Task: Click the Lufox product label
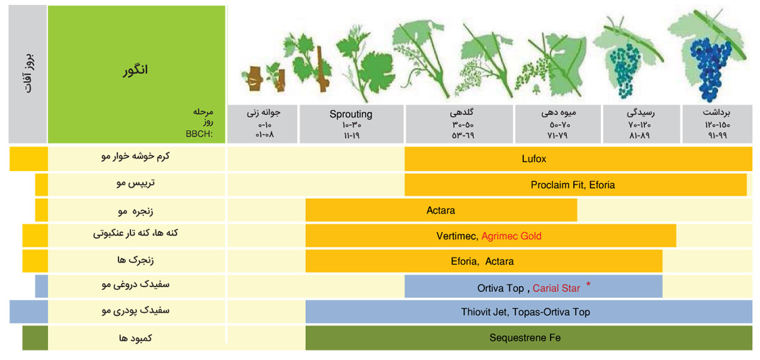point(534,159)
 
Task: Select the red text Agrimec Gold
point(511,236)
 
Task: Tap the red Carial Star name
point(556,288)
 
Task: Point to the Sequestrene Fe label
point(525,337)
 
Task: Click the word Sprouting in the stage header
point(350,114)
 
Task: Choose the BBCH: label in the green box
point(199,133)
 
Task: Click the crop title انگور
point(135,70)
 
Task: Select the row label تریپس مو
point(135,183)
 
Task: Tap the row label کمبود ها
point(135,337)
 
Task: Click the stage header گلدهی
point(461,112)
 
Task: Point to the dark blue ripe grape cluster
point(710,68)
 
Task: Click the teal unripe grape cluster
point(625,70)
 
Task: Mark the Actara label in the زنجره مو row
point(440,210)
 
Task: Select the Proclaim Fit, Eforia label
point(573,185)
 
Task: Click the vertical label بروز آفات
point(29,74)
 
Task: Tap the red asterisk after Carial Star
point(588,284)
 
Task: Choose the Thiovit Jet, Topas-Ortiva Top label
point(525,312)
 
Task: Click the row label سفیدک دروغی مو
point(135,284)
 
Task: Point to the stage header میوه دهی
point(559,112)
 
